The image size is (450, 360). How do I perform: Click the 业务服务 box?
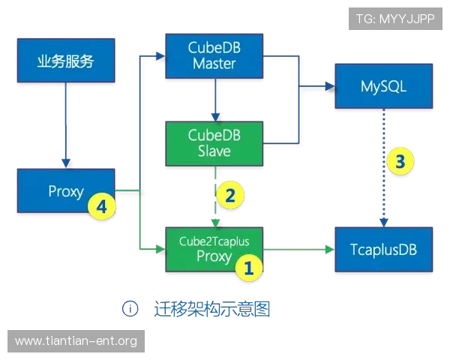click(x=66, y=61)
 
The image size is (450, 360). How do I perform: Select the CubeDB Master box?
click(x=214, y=56)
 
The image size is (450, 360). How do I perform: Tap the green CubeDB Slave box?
click(x=214, y=143)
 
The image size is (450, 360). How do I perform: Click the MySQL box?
click(x=384, y=86)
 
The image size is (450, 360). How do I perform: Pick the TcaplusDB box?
click(x=384, y=250)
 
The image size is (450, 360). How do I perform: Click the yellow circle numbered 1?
click(x=248, y=268)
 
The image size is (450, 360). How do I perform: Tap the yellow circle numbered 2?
click(x=230, y=195)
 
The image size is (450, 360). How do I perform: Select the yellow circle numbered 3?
click(x=400, y=161)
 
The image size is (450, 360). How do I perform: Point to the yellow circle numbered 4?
click(x=101, y=206)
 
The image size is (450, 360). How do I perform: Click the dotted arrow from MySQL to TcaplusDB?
click(x=384, y=168)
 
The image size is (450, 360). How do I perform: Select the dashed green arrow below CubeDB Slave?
click(x=215, y=196)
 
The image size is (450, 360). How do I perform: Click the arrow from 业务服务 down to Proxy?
click(x=66, y=125)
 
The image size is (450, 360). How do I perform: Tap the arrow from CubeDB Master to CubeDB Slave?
click(x=215, y=100)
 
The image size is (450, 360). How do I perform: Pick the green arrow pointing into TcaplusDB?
click(x=299, y=250)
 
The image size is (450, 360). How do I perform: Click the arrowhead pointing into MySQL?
click(x=330, y=86)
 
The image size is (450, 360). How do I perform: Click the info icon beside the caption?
click(x=130, y=309)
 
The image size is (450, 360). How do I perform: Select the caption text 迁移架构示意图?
click(x=211, y=309)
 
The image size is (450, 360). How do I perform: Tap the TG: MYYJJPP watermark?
click(x=395, y=19)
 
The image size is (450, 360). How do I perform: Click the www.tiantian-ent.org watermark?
click(x=76, y=341)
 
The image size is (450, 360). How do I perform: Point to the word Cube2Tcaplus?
click(x=214, y=241)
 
